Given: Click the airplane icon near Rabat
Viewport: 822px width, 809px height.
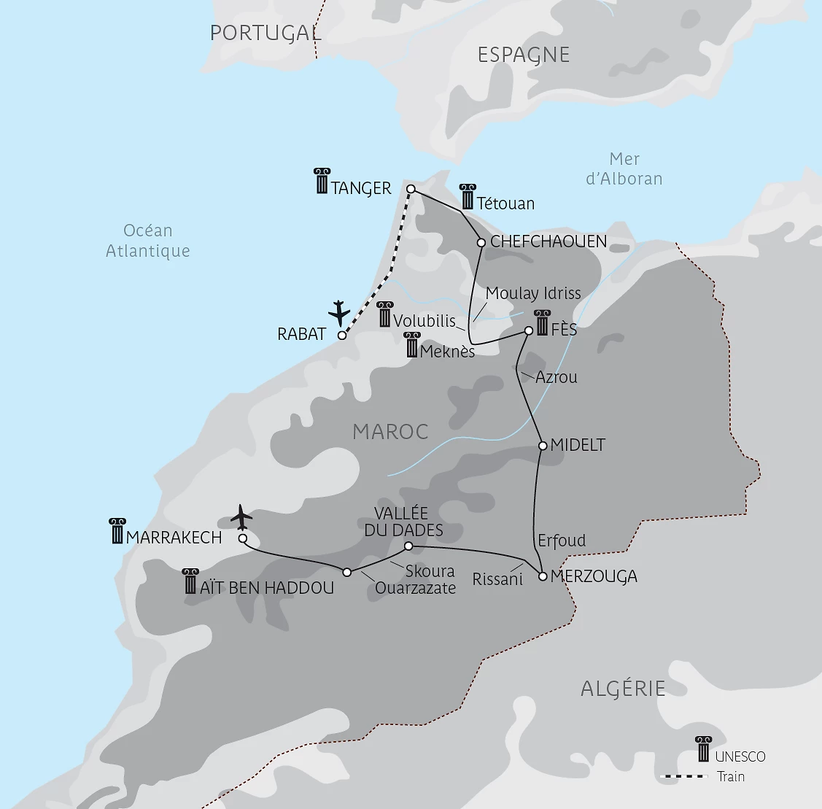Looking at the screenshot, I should [339, 312].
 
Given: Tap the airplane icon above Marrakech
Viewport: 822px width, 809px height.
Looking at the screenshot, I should [241, 517].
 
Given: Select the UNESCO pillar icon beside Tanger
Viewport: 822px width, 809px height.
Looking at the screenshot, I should [322, 181].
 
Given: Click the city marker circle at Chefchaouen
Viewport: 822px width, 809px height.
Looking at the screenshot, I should [481, 243].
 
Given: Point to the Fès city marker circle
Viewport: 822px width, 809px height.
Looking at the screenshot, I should [529, 330].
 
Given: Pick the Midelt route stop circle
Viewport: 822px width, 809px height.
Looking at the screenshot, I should [542, 445].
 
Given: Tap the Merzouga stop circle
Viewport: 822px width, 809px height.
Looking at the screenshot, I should [542, 576].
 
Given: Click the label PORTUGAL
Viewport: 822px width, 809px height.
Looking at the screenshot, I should [265, 33].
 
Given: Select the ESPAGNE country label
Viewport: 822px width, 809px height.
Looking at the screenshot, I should [523, 55].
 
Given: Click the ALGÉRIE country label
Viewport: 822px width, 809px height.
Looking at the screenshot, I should [623, 688].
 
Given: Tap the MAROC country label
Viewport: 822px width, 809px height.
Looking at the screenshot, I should [390, 431].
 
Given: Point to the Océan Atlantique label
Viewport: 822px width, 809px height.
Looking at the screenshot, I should [148, 241].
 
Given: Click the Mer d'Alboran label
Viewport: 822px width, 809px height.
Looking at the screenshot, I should [624, 169].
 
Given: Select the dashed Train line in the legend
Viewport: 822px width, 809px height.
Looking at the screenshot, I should [683, 777].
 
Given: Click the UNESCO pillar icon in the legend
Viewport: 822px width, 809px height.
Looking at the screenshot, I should [703, 749].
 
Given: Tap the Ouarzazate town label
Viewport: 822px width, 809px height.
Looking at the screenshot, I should [415, 588].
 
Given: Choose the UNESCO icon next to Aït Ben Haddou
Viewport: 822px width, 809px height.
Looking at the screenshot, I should [190, 581].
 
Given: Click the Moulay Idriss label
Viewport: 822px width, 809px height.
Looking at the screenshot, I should [533, 293].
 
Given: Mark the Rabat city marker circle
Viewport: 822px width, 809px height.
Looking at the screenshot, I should [341, 336].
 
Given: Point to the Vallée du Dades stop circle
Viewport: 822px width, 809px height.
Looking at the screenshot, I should [408, 546].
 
